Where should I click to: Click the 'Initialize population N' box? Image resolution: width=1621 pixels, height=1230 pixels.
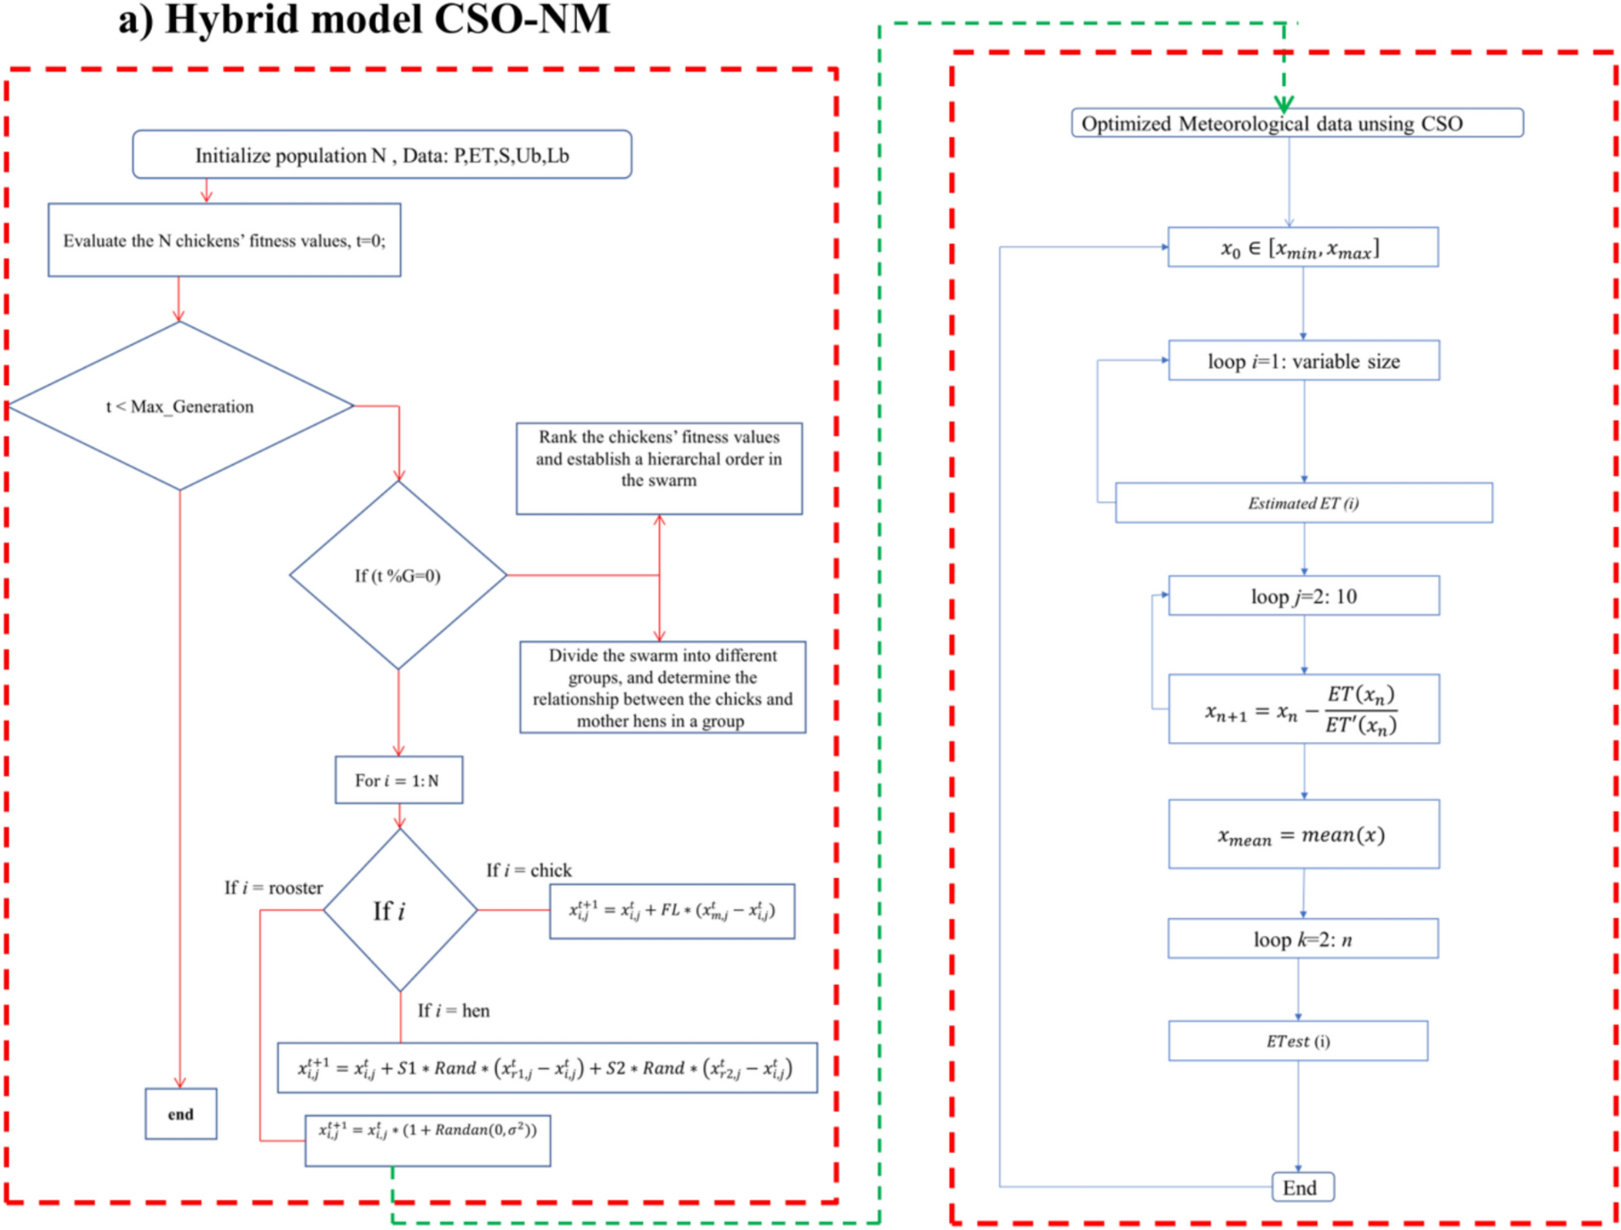(x=382, y=155)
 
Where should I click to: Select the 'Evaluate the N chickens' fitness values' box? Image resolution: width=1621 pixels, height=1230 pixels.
(x=224, y=240)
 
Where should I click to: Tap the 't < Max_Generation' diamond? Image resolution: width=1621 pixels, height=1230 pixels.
(x=180, y=406)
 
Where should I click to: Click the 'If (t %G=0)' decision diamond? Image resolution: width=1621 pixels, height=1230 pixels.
(x=398, y=575)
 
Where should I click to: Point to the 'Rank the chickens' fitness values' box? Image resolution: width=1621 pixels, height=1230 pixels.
(x=659, y=467)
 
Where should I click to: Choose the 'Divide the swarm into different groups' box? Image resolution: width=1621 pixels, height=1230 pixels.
(x=662, y=687)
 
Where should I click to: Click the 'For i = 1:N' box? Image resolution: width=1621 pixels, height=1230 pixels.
(x=398, y=780)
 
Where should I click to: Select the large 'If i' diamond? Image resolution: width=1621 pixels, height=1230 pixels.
(x=399, y=910)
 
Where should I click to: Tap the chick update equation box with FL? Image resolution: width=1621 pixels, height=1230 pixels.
(x=672, y=911)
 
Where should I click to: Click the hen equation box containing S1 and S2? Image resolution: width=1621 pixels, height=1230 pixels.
(x=547, y=1067)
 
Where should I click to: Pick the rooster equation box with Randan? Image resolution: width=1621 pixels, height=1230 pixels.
(x=427, y=1140)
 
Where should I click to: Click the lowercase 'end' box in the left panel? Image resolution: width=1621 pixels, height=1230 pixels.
(x=180, y=1114)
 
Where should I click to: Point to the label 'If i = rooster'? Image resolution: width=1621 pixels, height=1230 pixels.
(x=273, y=888)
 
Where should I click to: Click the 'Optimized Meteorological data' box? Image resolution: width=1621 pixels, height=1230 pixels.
(x=1297, y=123)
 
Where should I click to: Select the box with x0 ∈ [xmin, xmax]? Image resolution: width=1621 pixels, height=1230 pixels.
(x=1302, y=248)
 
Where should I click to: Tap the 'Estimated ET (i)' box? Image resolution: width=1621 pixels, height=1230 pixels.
(x=1303, y=503)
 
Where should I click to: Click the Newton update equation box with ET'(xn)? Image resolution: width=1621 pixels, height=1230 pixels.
(x=1303, y=709)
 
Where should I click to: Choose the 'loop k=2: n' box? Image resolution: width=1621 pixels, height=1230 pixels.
(x=1302, y=938)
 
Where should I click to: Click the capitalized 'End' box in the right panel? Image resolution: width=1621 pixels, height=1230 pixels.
(x=1301, y=1187)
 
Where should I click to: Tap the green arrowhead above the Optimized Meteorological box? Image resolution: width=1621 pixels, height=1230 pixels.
(x=1284, y=103)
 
